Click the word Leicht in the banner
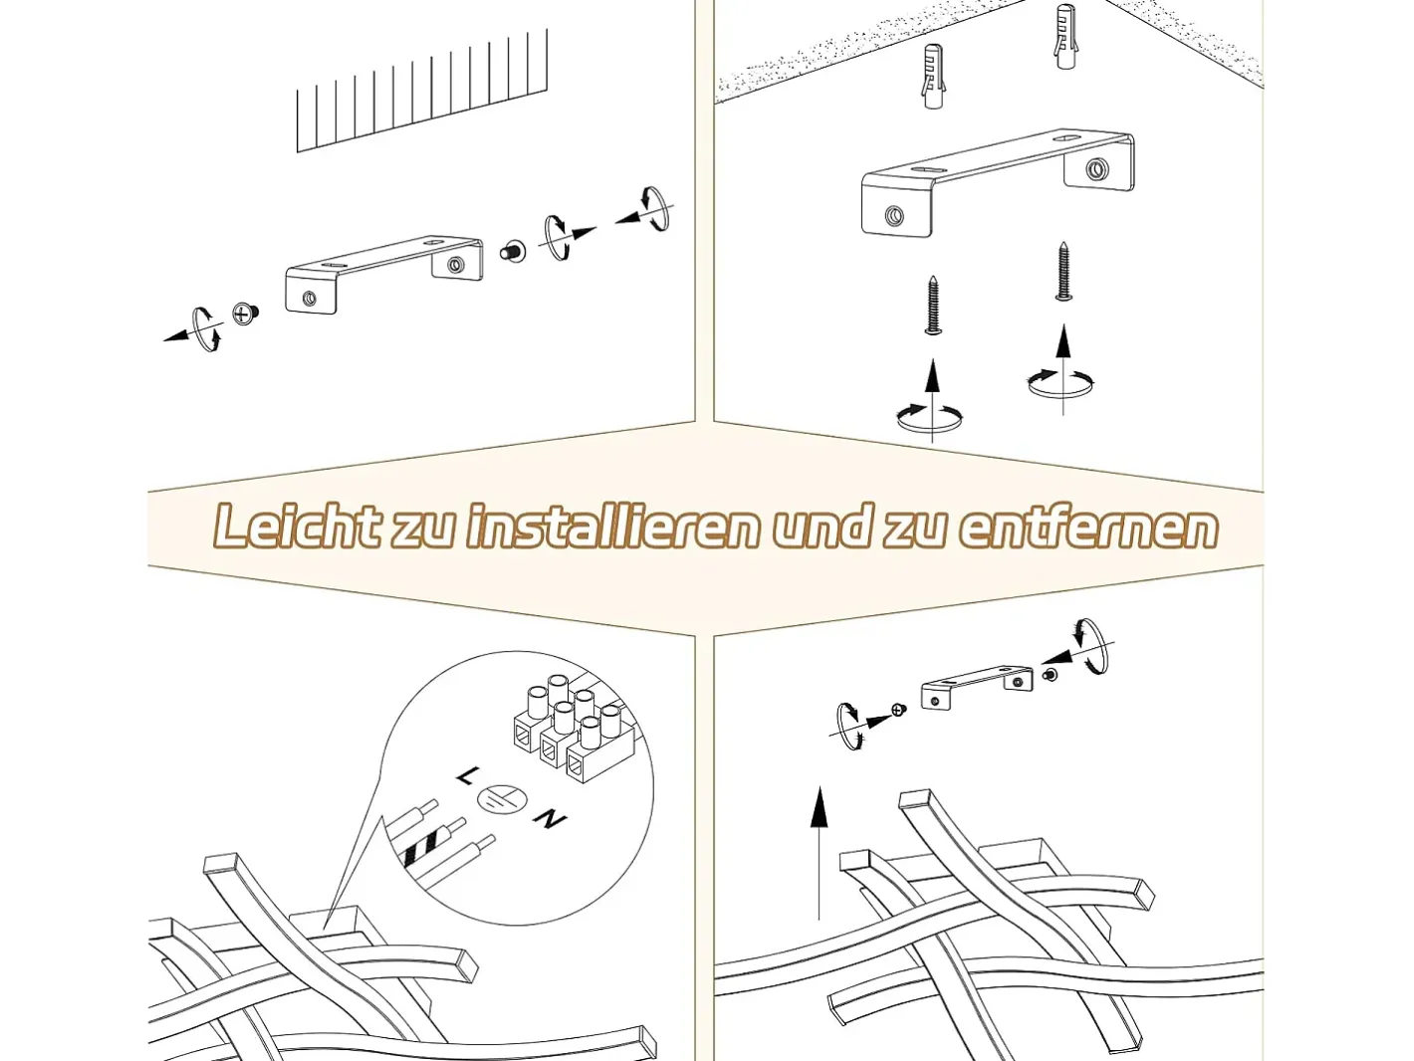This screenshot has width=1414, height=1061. [x=297, y=528]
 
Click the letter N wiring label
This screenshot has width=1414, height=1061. [x=550, y=819]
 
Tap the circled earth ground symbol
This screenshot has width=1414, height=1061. [x=503, y=799]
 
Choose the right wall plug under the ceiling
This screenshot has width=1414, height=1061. [x=1065, y=38]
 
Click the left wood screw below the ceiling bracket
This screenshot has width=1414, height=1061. [x=932, y=306]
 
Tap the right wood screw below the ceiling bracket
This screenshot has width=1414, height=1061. [x=1063, y=271]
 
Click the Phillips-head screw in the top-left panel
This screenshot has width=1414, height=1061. [x=243, y=314]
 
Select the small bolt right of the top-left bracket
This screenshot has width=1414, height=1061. [x=513, y=251]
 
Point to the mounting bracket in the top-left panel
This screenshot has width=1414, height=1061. [x=384, y=275]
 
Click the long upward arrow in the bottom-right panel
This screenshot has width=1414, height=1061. [x=819, y=852]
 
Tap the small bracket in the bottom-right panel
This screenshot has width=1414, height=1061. [x=977, y=688]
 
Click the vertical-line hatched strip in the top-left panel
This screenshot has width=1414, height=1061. [x=422, y=91]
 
